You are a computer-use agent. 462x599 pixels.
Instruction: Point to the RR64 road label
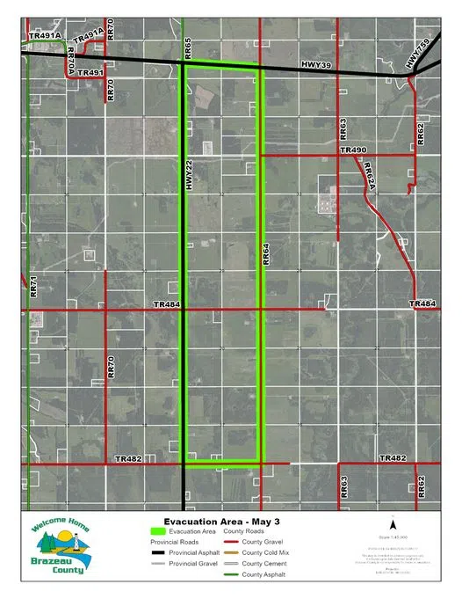pos(265,255)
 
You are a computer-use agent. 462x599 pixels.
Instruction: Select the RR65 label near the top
pos(188,48)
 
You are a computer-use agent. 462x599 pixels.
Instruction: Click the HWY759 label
pos(422,55)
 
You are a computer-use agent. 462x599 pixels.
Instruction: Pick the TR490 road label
pos(353,151)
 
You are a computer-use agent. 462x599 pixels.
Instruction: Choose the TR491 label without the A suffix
pos(90,73)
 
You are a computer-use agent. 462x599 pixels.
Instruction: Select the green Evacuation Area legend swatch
pos(159,531)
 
